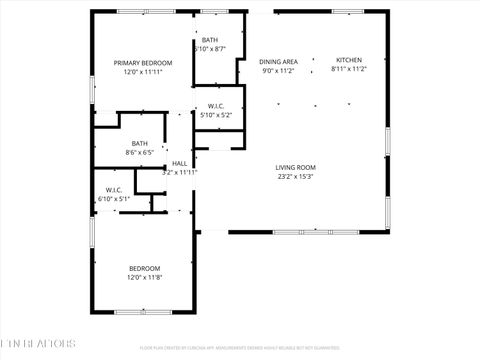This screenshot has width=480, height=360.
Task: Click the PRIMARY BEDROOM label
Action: point(140,62)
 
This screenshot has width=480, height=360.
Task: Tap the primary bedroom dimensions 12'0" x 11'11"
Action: point(140,72)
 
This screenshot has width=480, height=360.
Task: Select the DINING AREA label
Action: point(278,61)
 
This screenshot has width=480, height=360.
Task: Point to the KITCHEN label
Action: point(349,59)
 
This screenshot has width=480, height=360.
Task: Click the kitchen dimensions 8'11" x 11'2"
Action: point(349,69)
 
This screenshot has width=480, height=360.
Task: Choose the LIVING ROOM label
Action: point(296,167)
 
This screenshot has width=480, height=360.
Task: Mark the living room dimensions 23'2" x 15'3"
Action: point(296,177)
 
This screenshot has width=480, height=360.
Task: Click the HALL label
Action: point(180,163)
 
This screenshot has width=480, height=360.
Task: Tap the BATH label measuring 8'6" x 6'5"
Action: point(139,143)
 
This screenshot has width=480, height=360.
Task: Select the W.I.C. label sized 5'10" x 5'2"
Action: point(216,106)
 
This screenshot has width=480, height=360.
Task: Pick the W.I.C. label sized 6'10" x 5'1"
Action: point(114,190)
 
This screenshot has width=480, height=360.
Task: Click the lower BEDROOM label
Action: point(143,267)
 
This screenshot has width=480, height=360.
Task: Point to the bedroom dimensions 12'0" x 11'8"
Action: point(143,277)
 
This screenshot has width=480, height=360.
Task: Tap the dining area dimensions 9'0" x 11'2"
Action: point(278,71)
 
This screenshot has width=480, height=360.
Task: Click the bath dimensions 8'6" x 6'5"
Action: point(139,153)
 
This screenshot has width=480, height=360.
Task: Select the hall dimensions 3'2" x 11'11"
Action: point(180,172)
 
